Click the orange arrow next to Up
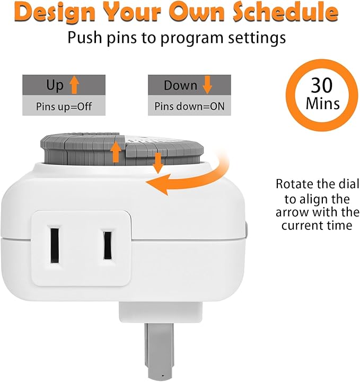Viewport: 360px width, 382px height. [74, 85]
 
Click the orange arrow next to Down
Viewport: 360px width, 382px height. [207, 85]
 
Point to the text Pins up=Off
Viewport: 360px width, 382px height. [64, 106]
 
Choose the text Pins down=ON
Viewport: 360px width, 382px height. [189, 106]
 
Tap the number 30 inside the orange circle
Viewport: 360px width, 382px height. [322, 85]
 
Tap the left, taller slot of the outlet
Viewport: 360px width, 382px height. [55, 245]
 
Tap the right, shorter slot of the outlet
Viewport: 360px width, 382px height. [108, 245]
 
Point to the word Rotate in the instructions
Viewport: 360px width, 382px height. [293, 184]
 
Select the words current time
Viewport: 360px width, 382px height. [317, 225]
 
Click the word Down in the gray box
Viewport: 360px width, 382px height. [180, 85]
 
